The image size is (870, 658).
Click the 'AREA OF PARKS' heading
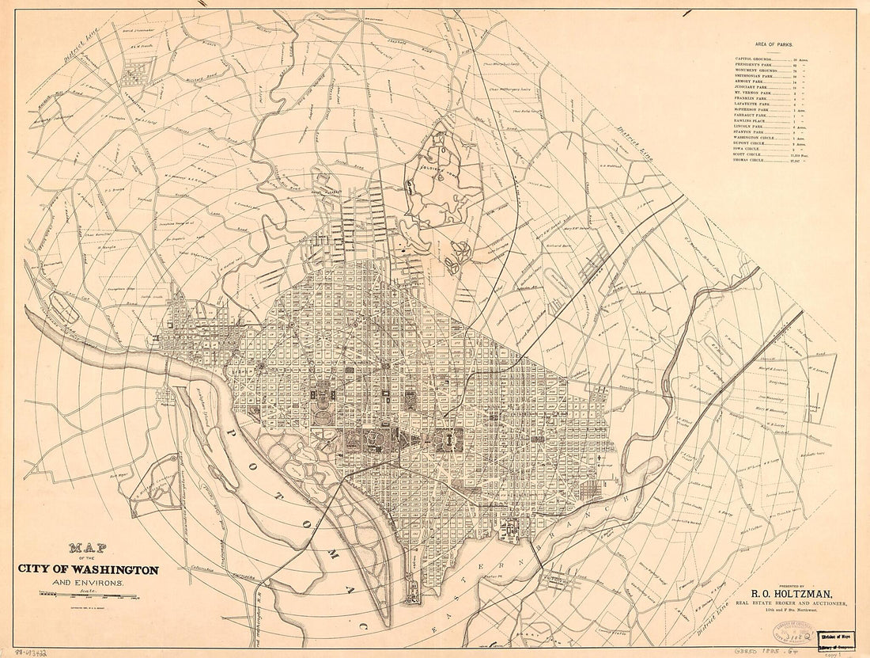774,46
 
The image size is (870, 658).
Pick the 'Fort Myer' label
119,476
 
